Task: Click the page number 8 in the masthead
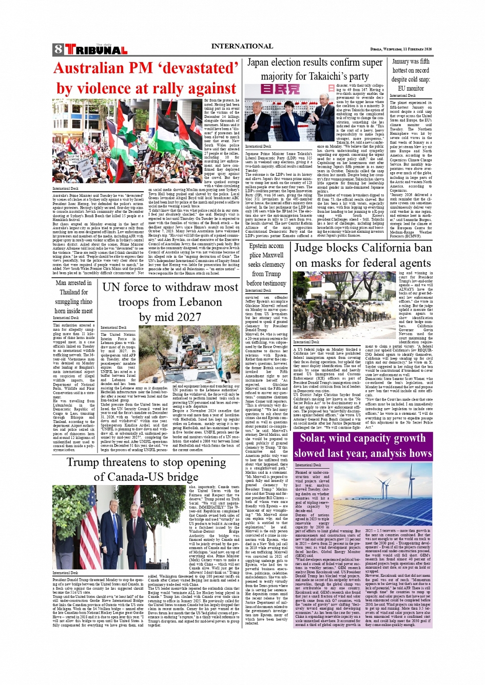[58, 50]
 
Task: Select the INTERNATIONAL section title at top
[242, 46]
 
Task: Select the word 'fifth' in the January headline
[424, 62]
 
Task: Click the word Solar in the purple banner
[317, 438]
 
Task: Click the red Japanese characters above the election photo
[280, 89]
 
